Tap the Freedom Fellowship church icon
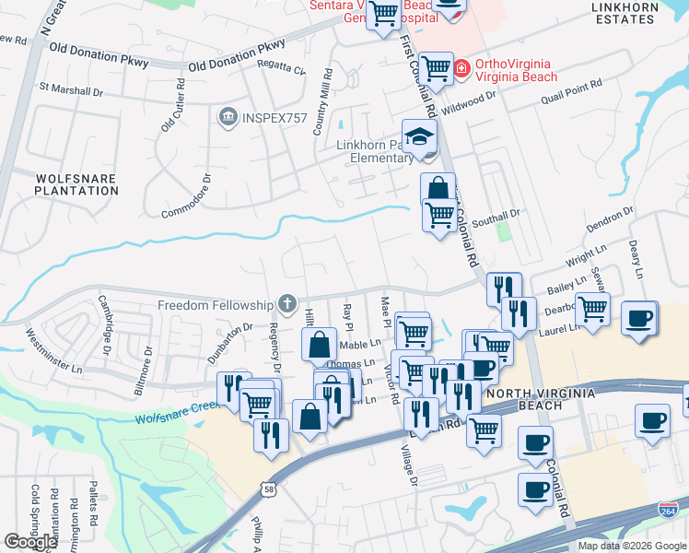(x=287, y=304)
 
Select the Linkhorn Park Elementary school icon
(x=420, y=137)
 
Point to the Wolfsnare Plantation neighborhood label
(x=76, y=183)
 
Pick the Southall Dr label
(x=496, y=218)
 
